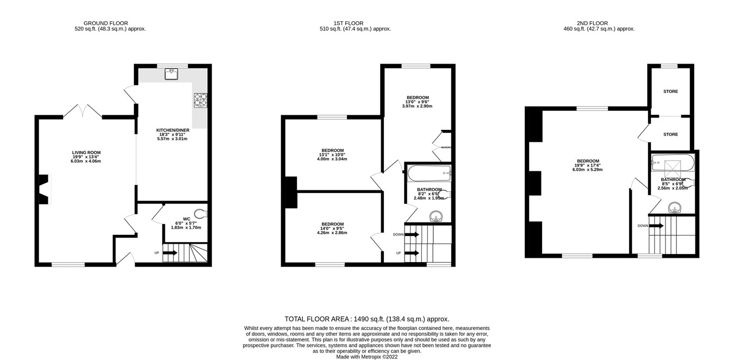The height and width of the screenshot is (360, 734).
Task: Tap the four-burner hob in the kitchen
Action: (200, 100)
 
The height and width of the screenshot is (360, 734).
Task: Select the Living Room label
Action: (86, 157)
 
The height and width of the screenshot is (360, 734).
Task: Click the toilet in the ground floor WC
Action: (202, 213)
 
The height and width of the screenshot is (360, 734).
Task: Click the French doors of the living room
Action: (83, 111)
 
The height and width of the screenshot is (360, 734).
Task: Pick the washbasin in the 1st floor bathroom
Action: (436, 216)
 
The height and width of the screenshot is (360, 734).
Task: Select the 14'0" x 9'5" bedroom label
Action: (332, 228)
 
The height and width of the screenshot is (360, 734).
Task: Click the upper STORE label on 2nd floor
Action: (670, 91)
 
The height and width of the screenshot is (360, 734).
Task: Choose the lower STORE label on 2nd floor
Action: (670, 133)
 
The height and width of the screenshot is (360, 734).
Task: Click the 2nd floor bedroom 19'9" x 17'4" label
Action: (588, 165)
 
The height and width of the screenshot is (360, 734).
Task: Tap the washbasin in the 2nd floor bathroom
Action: (675, 207)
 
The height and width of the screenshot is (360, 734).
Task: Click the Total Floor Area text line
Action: (367, 319)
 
